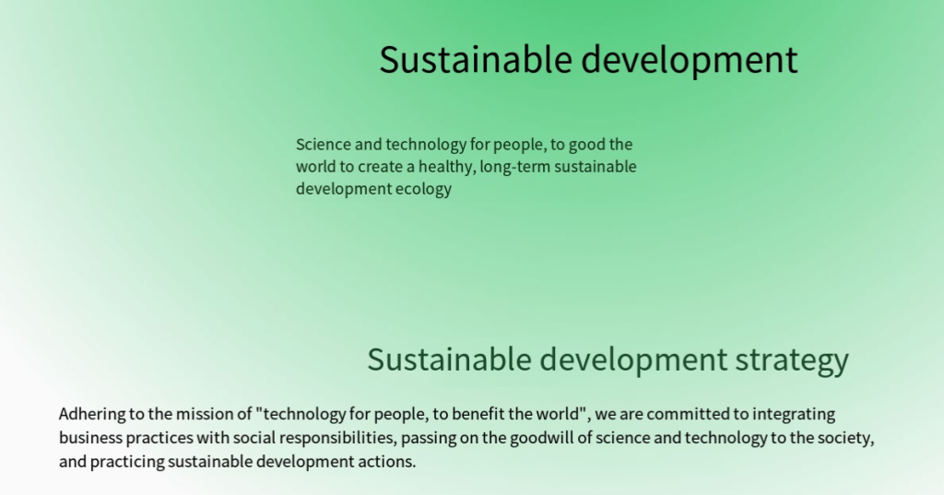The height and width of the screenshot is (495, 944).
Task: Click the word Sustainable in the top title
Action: tap(475, 60)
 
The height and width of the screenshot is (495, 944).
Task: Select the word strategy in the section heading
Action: tap(792, 360)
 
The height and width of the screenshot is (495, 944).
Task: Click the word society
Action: tap(844, 439)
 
